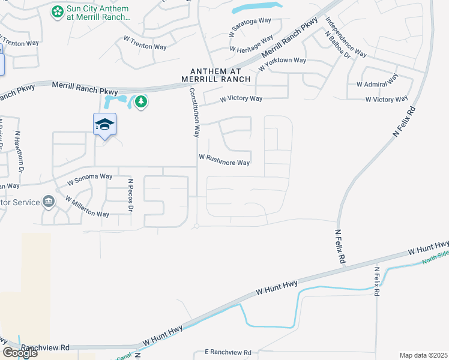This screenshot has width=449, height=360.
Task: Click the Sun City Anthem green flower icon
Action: (58, 12)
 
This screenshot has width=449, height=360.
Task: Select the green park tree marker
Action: (141, 102)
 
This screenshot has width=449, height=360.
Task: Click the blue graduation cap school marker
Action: (104, 125)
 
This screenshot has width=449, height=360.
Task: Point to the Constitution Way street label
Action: (194, 112)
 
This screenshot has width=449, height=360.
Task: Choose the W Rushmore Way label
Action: (224, 163)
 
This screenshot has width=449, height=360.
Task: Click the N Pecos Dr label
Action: (130, 194)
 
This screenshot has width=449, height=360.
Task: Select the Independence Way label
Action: (346, 37)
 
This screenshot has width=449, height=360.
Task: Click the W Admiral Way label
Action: (377, 80)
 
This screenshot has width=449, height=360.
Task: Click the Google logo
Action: (19, 352)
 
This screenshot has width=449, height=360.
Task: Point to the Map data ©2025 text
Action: (423, 355)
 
